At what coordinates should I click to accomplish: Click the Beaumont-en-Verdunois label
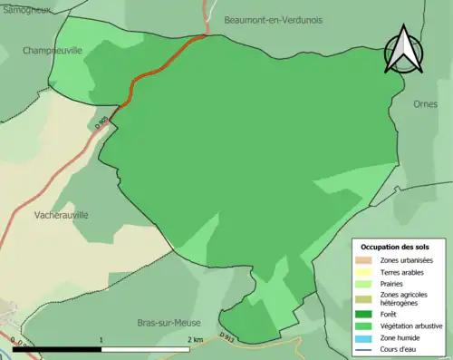pos(273,18)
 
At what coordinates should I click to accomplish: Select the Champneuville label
pos(52,52)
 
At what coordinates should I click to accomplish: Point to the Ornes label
pos(425,103)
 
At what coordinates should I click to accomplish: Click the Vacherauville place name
pos(61,215)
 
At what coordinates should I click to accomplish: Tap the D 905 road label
pos(103,122)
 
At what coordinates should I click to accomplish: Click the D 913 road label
pos(226,338)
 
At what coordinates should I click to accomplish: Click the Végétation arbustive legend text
pos(412,326)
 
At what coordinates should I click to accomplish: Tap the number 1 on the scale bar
pos(101,339)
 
